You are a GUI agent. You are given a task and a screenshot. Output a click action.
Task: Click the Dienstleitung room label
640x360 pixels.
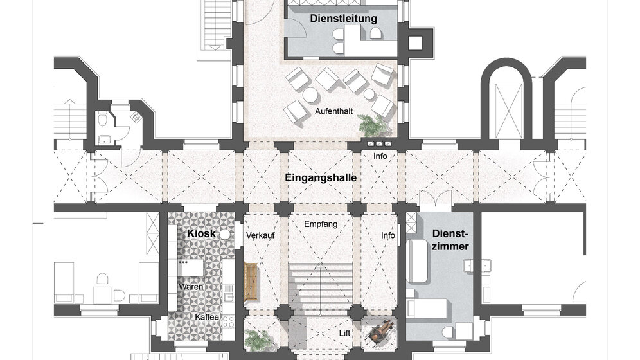point(343,19)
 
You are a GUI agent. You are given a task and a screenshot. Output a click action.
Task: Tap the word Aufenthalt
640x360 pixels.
point(334,111)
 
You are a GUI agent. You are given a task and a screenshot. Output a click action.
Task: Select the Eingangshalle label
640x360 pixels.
point(321,177)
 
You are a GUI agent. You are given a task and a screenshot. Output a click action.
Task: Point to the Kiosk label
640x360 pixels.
point(201,233)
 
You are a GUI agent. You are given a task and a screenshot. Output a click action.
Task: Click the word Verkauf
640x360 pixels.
point(260,235)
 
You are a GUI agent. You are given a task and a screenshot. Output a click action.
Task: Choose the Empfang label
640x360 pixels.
point(321,224)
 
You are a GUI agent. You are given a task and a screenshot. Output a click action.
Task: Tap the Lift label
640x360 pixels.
point(345,333)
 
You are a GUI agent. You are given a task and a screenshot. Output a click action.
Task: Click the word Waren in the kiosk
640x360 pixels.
point(191,287)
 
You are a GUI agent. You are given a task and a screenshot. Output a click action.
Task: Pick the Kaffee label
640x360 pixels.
point(207,317)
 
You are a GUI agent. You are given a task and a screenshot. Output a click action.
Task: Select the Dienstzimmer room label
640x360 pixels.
point(450,240)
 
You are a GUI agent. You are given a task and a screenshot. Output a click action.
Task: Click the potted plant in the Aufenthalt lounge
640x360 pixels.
point(372,125)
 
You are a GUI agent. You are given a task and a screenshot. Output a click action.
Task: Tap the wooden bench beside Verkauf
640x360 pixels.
point(251,282)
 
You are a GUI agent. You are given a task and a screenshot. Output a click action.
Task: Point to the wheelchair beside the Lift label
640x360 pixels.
point(380,332)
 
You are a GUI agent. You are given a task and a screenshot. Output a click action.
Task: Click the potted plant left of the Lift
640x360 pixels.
point(258,339)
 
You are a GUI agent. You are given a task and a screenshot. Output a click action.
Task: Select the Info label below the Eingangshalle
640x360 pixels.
point(387,235)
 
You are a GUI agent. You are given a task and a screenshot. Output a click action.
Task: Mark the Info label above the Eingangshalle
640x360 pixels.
point(380,156)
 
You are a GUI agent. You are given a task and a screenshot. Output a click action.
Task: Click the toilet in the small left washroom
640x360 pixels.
point(103,120)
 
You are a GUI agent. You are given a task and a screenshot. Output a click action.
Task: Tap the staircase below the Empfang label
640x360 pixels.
point(321,285)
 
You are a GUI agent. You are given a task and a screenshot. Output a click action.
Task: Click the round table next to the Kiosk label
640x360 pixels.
point(225,234)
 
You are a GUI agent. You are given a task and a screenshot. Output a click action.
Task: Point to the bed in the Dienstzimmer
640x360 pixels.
point(428,308)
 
